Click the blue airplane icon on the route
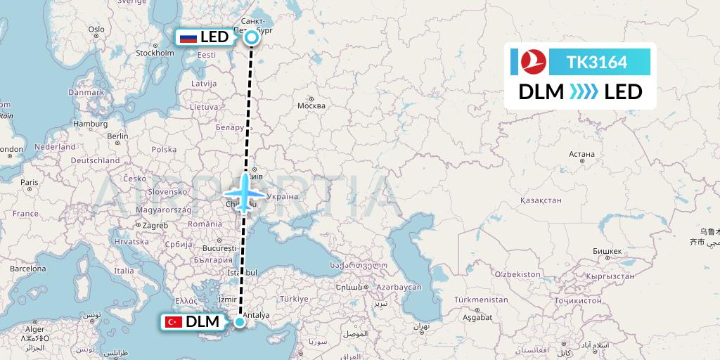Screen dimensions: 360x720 point(244,193)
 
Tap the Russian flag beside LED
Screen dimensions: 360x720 point(188,38)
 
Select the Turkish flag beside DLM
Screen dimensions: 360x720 point(172,322)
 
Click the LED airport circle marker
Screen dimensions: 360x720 point(252,38)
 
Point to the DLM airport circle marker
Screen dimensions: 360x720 point(240,322)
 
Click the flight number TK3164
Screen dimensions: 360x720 point(597,62)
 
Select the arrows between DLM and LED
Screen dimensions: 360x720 point(584,92)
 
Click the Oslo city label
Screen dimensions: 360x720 point(96,30)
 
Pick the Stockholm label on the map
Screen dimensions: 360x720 point(155,53)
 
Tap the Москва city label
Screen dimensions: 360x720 point(311,106)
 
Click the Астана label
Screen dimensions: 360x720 point(581,154)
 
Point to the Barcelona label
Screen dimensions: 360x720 point(27,269)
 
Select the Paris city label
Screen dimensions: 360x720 point(29,182)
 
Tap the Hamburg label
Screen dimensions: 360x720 point(90,124)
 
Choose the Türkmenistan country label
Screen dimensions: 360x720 point(481,300)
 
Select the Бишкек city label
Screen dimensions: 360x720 point(607,251)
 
